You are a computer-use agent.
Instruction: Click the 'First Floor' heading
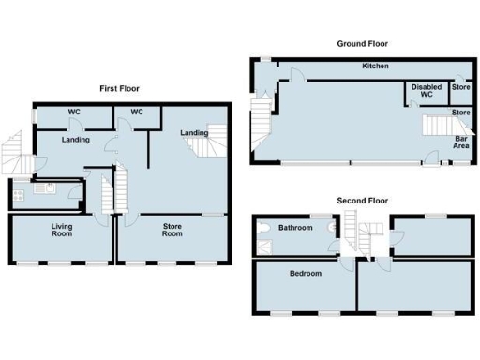[x=120, y=88]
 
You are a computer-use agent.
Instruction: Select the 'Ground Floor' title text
[x=363, y=44]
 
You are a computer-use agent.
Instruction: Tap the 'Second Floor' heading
[x=363, y=201]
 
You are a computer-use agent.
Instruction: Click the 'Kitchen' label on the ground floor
[x=376, y=67]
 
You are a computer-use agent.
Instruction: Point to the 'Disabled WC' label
[x=426, y=91]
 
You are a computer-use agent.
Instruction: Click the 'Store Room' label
[x=172, y=229]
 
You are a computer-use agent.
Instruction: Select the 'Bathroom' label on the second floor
[x=294, y=228]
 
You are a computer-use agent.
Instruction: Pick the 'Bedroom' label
[x=305, y=274]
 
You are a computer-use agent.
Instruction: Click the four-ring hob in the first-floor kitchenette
[x=19, y=196]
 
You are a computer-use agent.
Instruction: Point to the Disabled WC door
[x=413, y=106]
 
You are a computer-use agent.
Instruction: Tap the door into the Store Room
[x=127, y=221]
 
